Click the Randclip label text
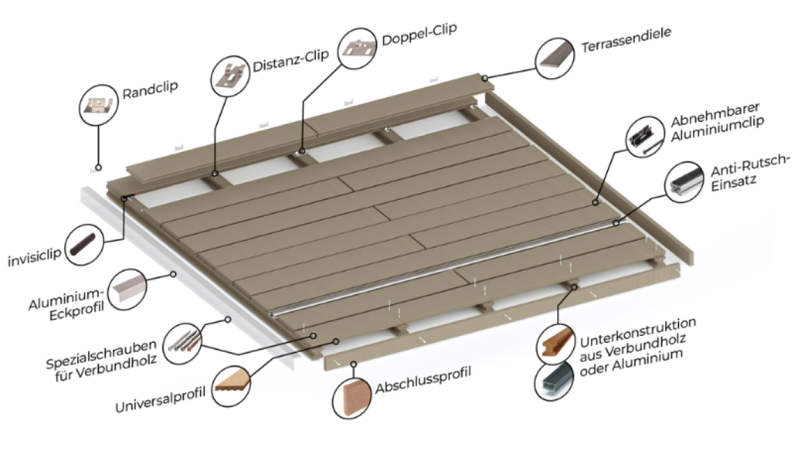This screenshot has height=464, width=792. pos(150,91)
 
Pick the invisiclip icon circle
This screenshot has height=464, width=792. pos(86,245)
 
